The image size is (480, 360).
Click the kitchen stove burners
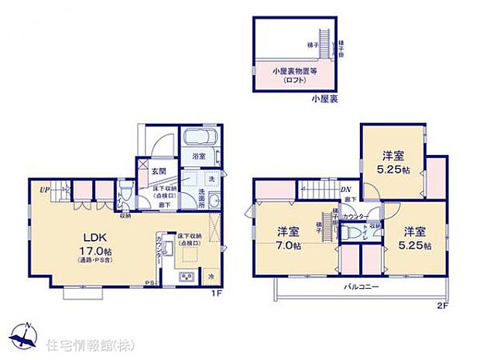[x=186, y=276]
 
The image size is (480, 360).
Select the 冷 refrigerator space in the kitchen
[x=211, y=276]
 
